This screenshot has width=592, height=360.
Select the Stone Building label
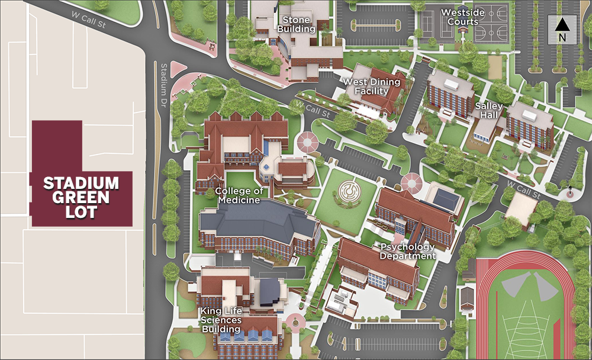click(296, 22)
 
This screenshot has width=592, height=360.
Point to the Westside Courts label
click(460, 17)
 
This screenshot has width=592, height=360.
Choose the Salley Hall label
click(489, 111)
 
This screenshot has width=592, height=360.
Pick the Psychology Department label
click(407, 251)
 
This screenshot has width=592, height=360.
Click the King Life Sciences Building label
click(221, 320)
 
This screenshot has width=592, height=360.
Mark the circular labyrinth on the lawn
click(349, 192)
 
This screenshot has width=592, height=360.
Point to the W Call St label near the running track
click(524, 191)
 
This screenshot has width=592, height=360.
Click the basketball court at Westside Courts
click(491, 24)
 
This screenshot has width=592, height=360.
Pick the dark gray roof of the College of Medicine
click(260, 219)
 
